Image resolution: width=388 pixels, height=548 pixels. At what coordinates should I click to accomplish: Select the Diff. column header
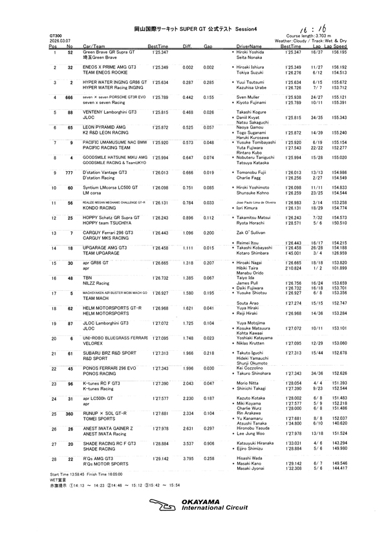(x=188, y=47)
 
